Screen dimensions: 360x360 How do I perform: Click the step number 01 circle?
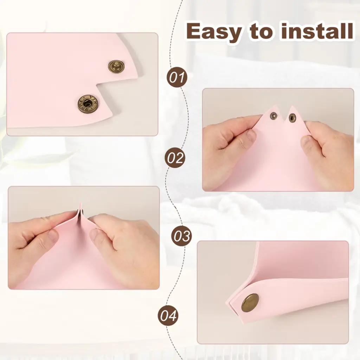coord(177,77)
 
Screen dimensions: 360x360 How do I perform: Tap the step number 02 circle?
coord(175,157)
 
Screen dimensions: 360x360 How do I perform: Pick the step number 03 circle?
coord(182,236)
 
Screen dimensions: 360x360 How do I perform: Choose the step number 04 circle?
coord(168,315)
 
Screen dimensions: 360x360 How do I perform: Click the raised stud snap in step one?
coord(116,66)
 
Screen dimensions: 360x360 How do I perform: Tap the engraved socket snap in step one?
coord(88,104)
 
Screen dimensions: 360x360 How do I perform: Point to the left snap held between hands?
coord(274,115)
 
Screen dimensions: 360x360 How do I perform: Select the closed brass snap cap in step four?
coord(250,303)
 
